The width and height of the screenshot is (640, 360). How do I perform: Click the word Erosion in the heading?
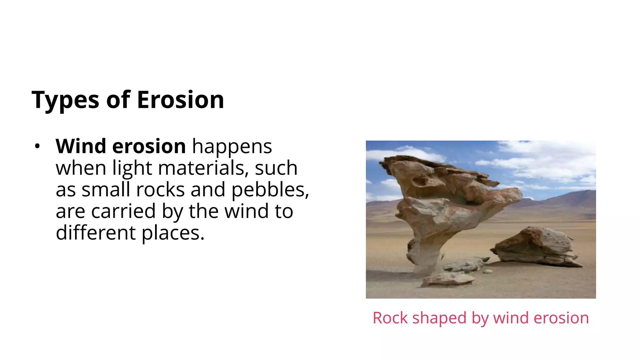[180, 100]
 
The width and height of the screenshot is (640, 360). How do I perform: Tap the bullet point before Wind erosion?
[37, 146]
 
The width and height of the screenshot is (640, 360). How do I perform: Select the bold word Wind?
[81, 146]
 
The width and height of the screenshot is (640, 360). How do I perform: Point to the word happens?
[232, 146]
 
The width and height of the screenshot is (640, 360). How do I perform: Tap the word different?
[96, 233]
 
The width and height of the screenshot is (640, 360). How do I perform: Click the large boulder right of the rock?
[536, 247]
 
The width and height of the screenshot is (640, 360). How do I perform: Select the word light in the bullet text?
[132, 168]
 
